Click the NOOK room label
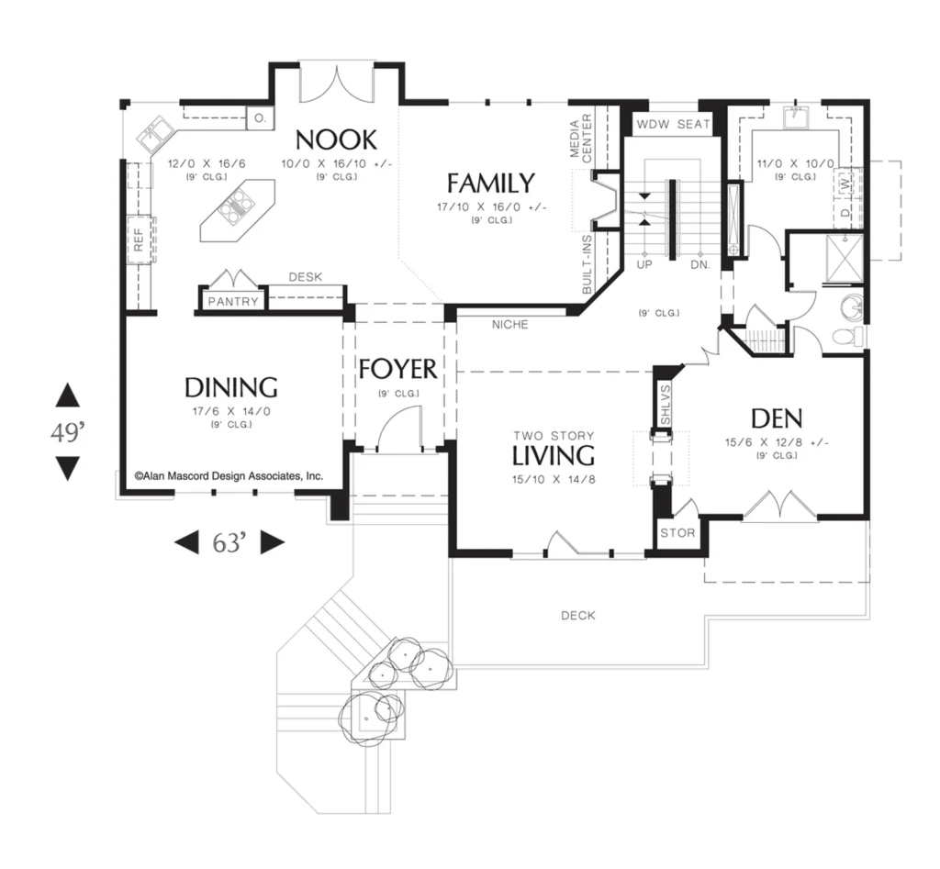pyautogui.click(x=336, y=139)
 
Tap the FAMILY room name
pyautogui.click(x=491, y=183)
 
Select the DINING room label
pyautogui.click(x=230, y=388)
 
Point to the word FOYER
pyautogui.click(x=398, y=369)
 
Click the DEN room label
pyautogui.click(x=777, y=418)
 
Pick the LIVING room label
pyautogui.click(x=554, y=455)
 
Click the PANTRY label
pyautogui.click(x=233, y=302)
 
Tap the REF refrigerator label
pyautogui.click(x=139, y=240)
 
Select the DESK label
pyautogui.click(x=306, y=277)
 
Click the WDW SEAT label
pyautogui.click(x=673, y=124)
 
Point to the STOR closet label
pyautogui.click(x=677, y=533)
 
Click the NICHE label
pyautogui.click(x=510, y=325)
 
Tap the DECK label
pyautogui.click(x=578, y=616)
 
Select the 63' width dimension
pyautogui.click(x=229, y=543)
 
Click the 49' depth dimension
pyautogui.click(x=67, y=431)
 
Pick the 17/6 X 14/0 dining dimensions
pyautogui.click(x=231, y=412)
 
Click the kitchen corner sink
pyautogui.click(x=154, y=133)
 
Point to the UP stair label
pyautogui.click(x=644, y=264)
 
